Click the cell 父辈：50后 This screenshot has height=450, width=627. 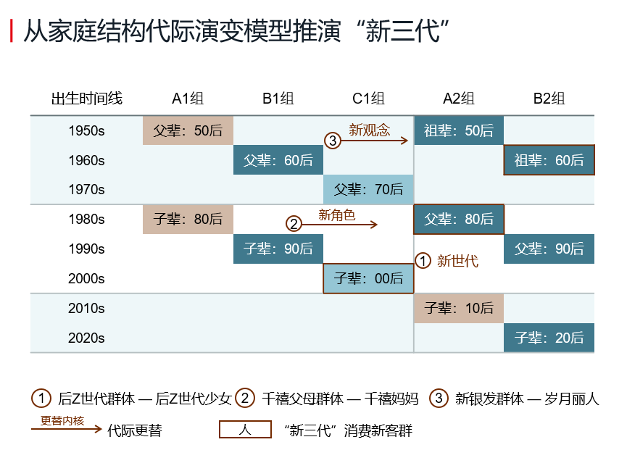point(188,130)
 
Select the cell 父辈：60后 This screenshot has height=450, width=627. point(278,160)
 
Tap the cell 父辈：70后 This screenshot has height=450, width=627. point(368,189)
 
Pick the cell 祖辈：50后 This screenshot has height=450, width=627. point(459,130)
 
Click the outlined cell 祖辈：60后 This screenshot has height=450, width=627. point(549,160)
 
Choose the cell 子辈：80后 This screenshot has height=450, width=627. point(188,219)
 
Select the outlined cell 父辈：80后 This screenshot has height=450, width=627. point(459,219)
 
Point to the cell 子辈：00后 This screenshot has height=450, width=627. point(368,278)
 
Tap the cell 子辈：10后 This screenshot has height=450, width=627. point(459,308)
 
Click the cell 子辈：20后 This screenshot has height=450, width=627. point(549,338)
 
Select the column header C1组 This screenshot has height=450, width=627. point(368,99)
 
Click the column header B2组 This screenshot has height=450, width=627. point(549,99)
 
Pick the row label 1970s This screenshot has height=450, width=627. point(86,189)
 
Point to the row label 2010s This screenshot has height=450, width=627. point(86,308)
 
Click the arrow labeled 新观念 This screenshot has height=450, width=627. point(374,141)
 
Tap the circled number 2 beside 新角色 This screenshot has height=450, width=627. point(294,224)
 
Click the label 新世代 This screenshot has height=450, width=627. point(457,261)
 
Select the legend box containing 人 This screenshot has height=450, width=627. point(245,430)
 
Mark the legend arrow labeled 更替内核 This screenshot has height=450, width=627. point(67,429)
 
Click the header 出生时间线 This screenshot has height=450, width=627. point(87,99)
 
